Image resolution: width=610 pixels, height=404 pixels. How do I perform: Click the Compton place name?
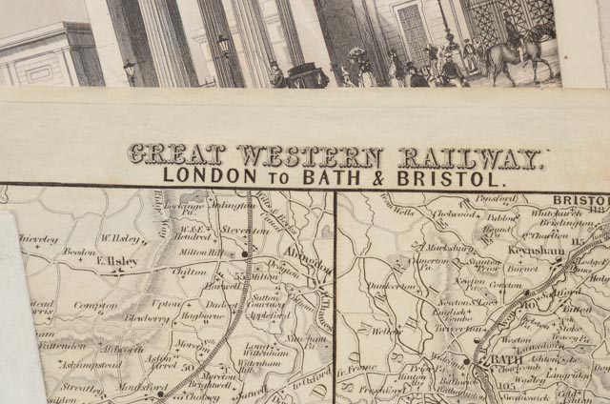95,306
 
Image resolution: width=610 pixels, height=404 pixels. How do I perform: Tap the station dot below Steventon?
245,254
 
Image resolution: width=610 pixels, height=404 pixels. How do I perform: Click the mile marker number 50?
187,365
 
